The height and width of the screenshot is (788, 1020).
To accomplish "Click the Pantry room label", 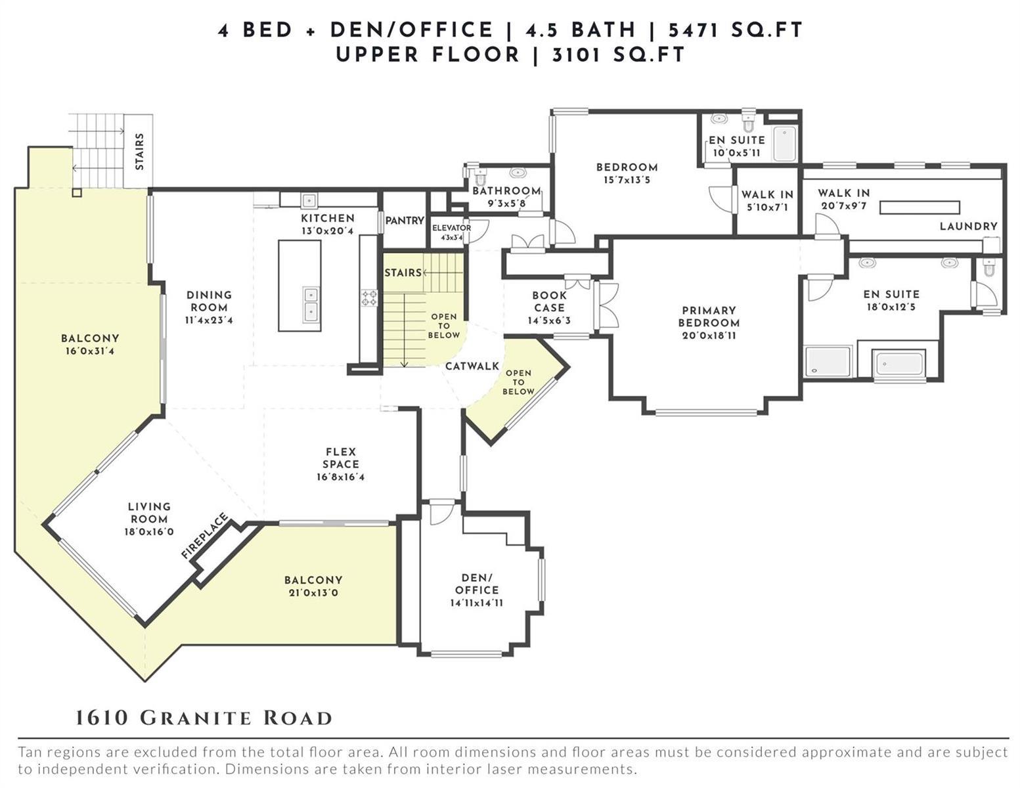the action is (404, 221).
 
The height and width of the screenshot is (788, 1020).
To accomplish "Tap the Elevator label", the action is (451, 228).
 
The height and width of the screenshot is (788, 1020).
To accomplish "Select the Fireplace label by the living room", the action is (205, 535).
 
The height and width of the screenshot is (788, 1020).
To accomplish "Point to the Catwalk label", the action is (472, 366).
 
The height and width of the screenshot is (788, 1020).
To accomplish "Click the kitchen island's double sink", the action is (311, 303).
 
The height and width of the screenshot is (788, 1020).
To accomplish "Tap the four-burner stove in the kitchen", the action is (369, 298).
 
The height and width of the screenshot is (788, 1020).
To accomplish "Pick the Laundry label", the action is (968, 226).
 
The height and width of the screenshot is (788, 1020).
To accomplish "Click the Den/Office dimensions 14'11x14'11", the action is (476, 603).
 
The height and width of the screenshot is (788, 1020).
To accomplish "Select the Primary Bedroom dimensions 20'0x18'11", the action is (709, 336).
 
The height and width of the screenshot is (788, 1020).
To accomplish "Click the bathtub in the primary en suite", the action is (899, 363).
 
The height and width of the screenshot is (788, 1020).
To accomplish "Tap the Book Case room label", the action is (549, 302).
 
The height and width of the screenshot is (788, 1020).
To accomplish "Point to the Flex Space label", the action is (341, 458).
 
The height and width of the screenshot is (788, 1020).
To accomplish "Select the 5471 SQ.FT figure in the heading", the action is (736, 30).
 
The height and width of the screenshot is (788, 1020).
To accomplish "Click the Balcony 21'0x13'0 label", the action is (313, 586).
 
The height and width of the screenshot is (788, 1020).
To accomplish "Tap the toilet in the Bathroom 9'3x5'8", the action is (480, 176).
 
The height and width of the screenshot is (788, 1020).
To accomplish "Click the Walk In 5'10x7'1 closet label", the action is (768, 200).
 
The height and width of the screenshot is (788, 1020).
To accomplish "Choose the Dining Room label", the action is (210, 301).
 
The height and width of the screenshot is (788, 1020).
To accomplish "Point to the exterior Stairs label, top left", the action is (139, 152).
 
